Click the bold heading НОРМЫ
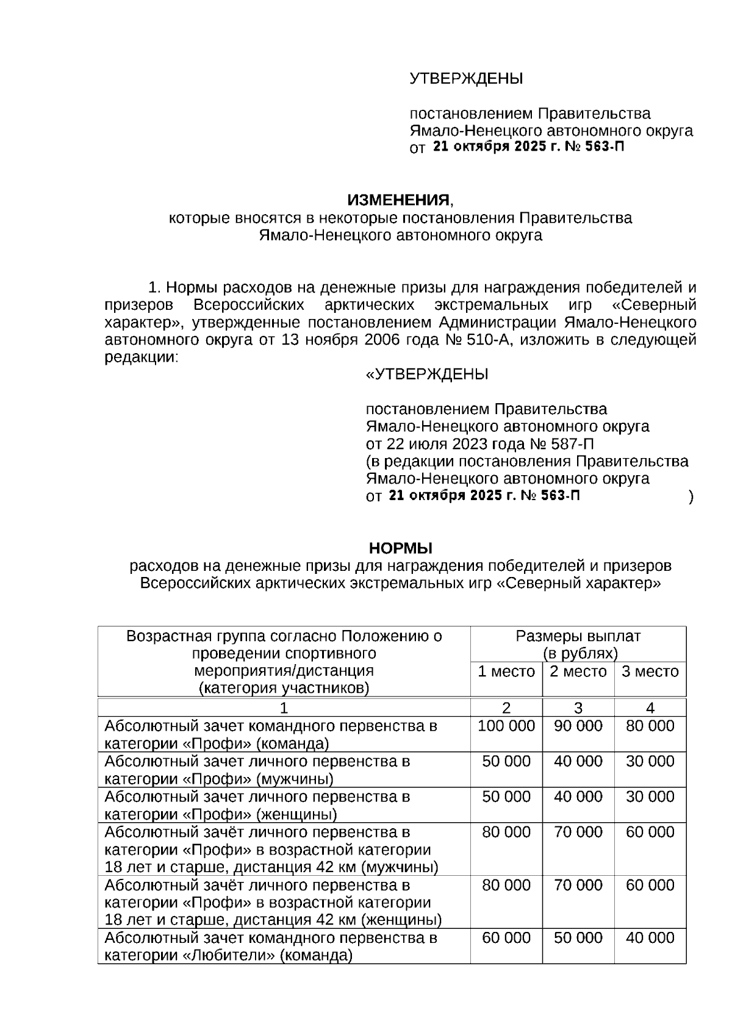[400, 548]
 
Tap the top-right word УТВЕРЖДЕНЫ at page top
[466, 79]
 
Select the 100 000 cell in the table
[506, 726]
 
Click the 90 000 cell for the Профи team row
[578, 726]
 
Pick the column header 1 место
[506, 671]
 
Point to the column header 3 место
[650, 671]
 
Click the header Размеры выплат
[578, 637]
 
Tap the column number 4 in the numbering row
[650, 708]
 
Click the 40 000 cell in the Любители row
[650, 937]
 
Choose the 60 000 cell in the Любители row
[506, 937]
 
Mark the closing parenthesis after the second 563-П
[691, 497]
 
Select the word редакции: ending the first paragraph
[142, 357]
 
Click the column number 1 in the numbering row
[284, 708]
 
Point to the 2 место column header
[578, 671]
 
